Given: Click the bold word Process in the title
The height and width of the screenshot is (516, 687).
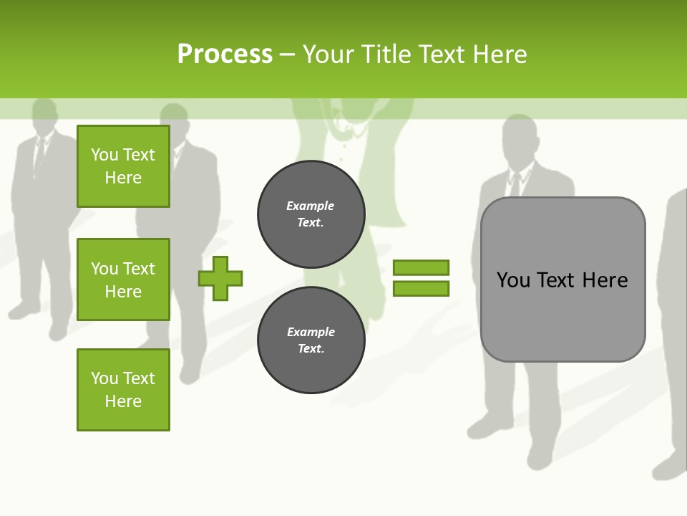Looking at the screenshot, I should (x=225, y=54).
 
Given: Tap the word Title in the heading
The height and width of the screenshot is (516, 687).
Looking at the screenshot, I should (x=387, y=54).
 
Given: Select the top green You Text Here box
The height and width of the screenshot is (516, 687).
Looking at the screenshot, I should (x=123, y=166).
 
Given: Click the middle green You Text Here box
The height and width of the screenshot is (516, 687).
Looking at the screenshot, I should (x=123, y=279).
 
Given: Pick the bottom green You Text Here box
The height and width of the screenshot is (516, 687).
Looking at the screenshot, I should (x=123, y=390).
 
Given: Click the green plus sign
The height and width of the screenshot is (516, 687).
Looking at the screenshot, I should (x=220, y=278).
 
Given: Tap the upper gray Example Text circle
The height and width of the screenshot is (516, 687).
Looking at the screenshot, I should (x=311, y=214).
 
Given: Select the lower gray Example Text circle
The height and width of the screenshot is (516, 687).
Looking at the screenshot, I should (x=311, y=340).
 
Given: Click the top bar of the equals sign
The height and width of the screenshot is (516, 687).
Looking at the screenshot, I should (x=421, y=267).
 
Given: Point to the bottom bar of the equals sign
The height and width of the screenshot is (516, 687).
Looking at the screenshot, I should (x=421, y=288).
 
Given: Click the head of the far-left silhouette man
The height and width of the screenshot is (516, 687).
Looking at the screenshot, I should (x=44, y=115).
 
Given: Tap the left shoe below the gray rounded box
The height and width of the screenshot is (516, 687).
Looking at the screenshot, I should (x=487, y=426).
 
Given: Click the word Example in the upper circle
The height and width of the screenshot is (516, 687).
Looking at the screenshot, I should (x=310, y=206).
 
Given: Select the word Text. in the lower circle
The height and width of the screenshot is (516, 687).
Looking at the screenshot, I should (x=311, y=349).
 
